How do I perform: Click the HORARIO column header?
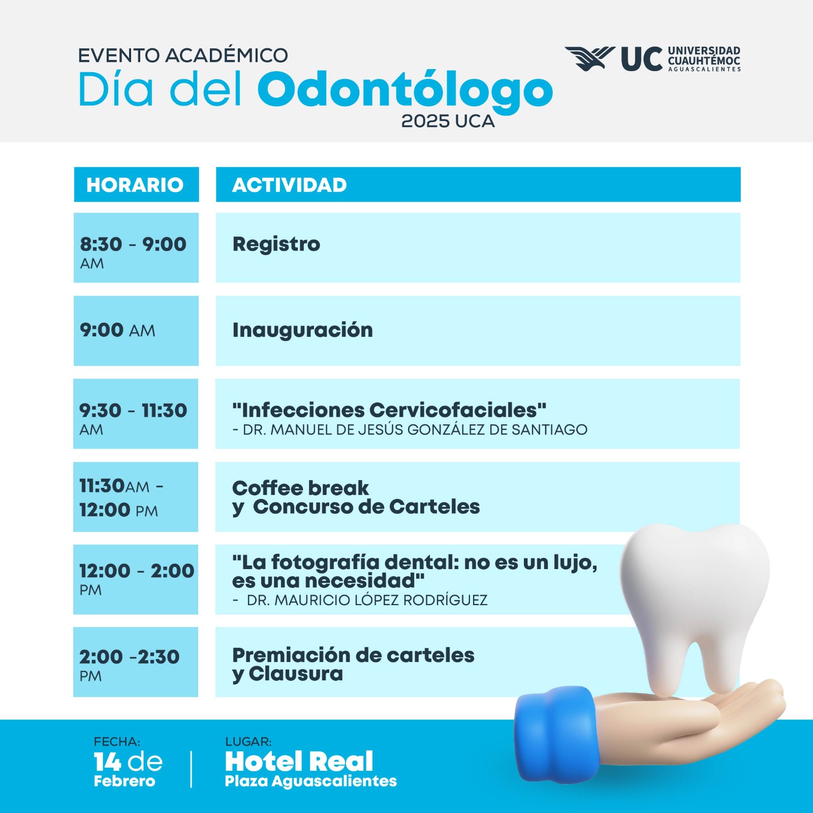point(136,184)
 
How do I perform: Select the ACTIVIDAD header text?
point(289,185)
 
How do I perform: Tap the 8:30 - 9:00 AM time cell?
point(136,247)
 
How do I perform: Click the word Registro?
point(276,244)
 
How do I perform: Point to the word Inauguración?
point(302,330)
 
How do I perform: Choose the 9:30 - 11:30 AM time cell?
point(136,414)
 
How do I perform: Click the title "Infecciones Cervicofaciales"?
point(389,410)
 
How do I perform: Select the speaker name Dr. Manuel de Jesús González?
point(410,430)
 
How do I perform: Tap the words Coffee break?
point(300,488)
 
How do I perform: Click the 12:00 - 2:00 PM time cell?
point(136,579)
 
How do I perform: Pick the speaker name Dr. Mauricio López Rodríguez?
point(360,600)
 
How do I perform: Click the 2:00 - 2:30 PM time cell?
point(136,662)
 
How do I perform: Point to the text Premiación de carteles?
point(353,655)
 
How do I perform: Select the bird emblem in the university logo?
point(589,58)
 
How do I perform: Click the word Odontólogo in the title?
point(405,90)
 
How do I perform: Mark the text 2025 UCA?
point(448,121)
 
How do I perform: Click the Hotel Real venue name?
point(299,761)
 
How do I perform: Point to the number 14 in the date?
point(108,762)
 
